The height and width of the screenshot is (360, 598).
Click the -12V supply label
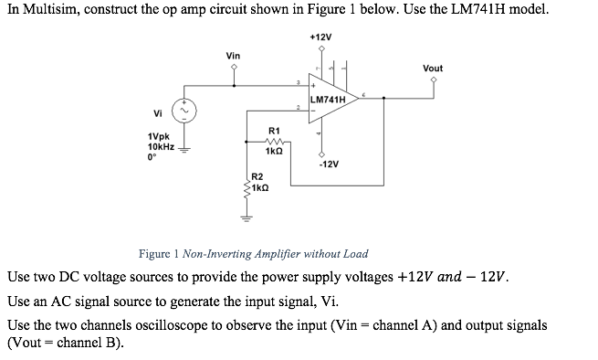point(329,165)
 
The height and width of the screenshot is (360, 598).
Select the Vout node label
point(433,68)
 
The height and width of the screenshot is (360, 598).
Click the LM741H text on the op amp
point(328,99)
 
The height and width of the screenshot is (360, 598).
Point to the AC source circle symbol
point(185,111)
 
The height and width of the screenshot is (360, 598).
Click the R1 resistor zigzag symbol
point(274,142)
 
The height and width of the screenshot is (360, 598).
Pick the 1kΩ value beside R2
point(260,187)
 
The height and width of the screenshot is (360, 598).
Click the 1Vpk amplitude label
point(158,137)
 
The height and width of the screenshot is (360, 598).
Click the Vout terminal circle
point(434,79)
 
